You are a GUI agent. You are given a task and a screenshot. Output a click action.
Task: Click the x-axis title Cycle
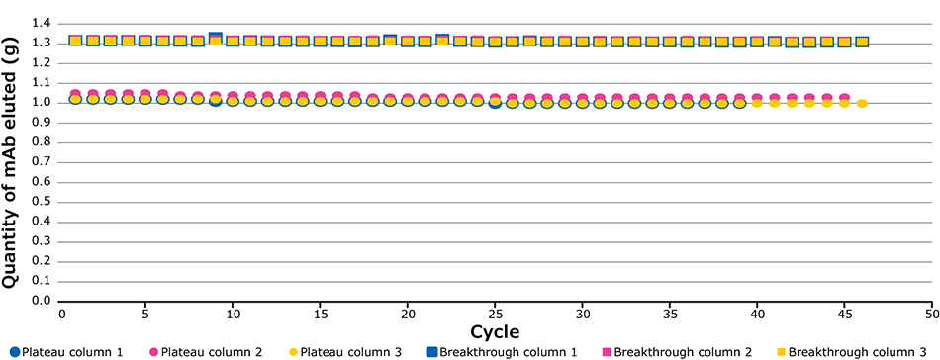(x=494, y=330)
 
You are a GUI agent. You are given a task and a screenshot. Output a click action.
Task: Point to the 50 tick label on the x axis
(x=931, y=314)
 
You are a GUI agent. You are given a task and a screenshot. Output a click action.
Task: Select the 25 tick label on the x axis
(x=495, y=314)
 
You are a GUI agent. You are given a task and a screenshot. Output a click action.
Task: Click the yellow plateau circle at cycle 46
(x=862, y=103)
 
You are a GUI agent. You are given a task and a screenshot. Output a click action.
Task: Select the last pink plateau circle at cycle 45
(x=844, y=98)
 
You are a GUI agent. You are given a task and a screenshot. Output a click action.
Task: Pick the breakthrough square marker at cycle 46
(x=862, y=42)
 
